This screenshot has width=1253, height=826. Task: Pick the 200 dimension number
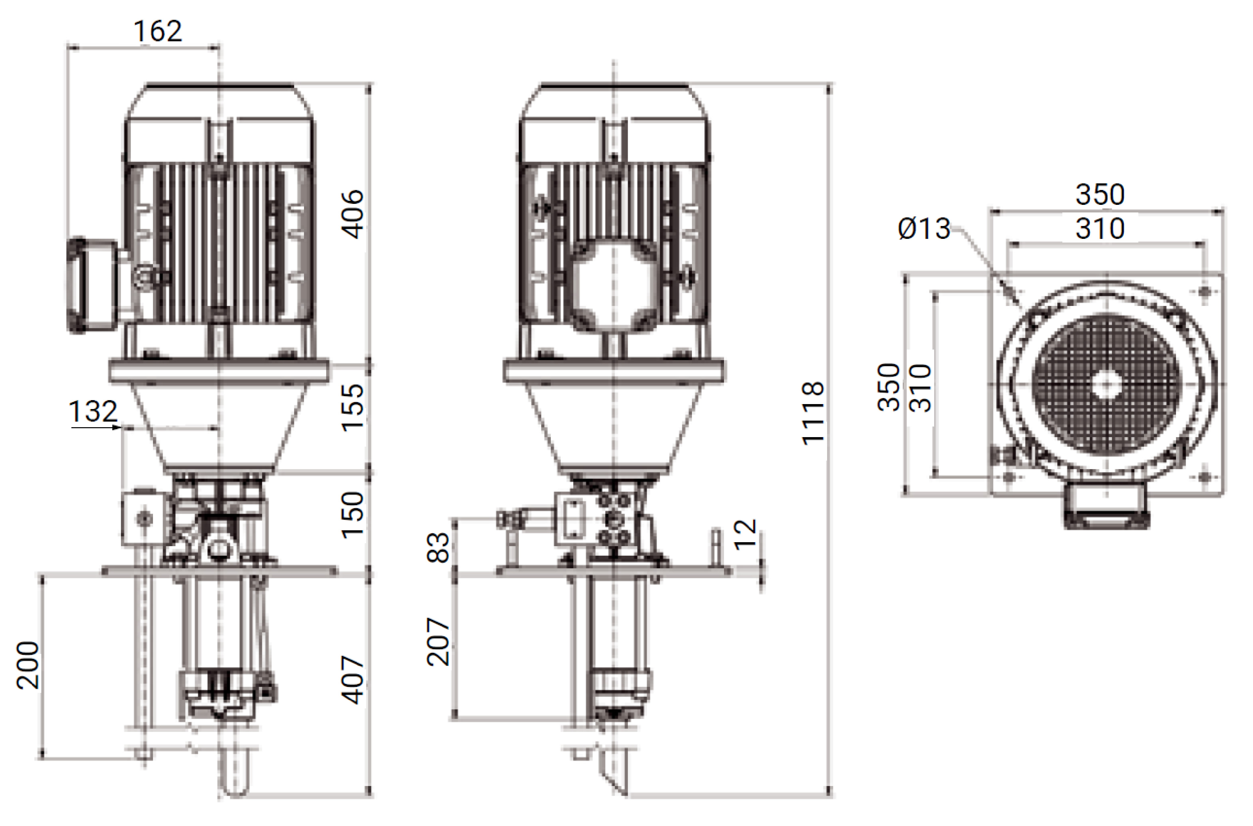click(x=28, y=665)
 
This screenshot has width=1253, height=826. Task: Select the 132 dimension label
click(x=93, y=411)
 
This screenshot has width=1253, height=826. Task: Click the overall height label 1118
click(x=813, y=414)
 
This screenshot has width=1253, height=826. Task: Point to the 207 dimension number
click(x=438, y=642)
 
